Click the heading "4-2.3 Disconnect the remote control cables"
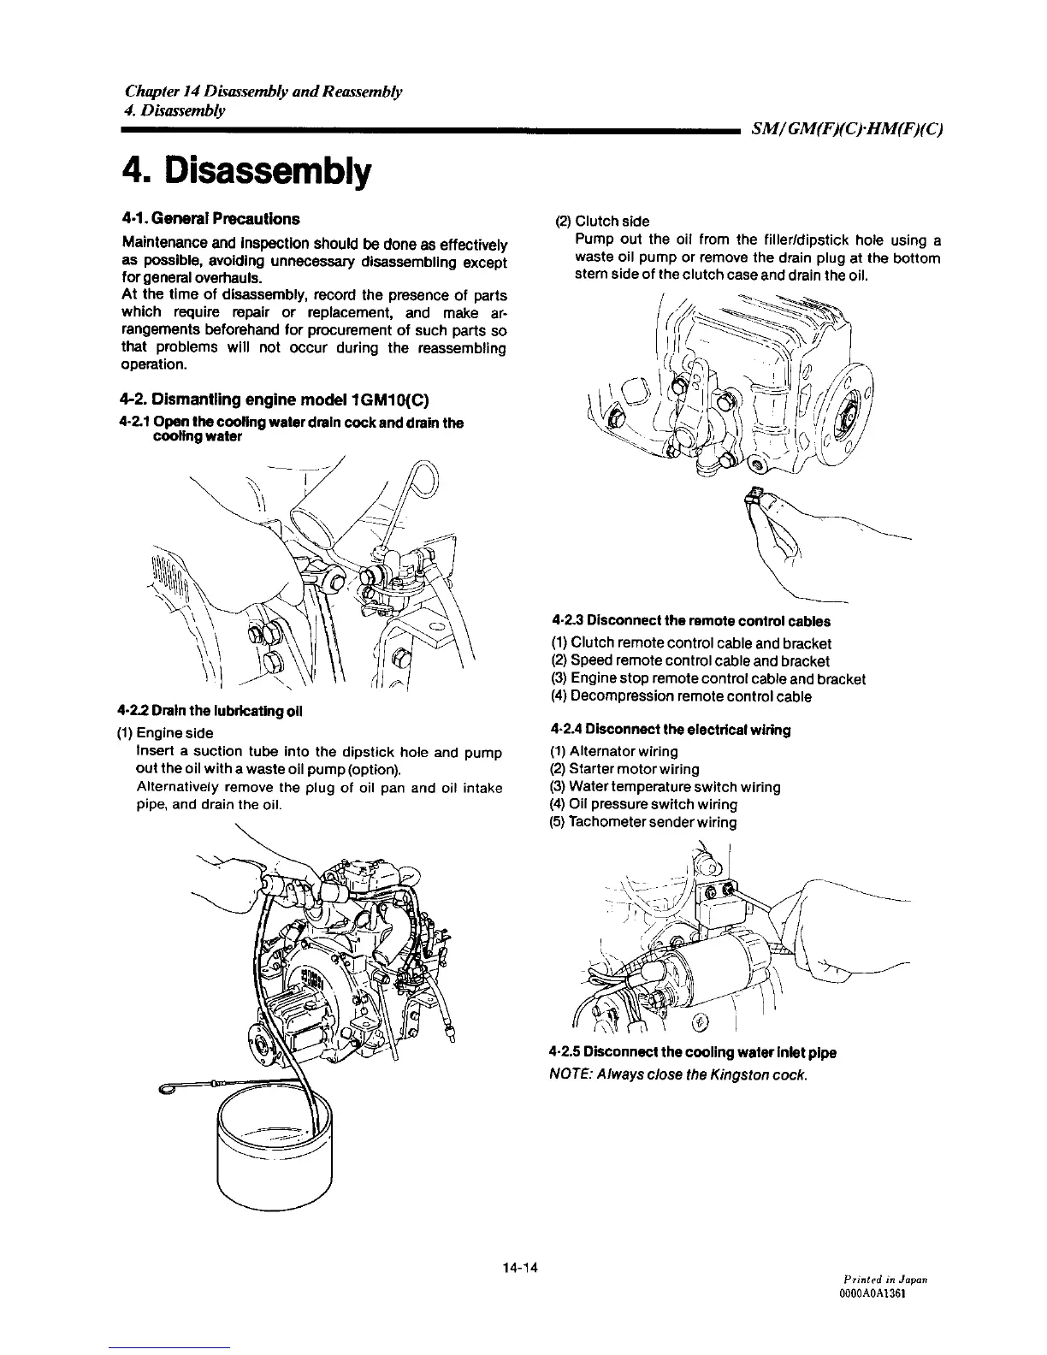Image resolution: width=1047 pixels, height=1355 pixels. pyautogui.click(x=691, y=621)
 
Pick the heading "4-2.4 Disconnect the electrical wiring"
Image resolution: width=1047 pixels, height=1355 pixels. pyautogui.click(x=671, y=730)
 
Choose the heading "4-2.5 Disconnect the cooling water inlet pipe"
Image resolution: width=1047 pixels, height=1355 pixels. pyautogui.click(x=694, y=1052)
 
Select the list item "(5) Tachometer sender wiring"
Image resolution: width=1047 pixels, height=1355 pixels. pyautogui.click(x=642, y=822)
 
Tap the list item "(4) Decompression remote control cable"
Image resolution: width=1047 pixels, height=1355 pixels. pyautogui.click(x=680, y=696)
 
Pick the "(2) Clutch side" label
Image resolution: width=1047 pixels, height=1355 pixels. pyautogui.click(x=602, y=221)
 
